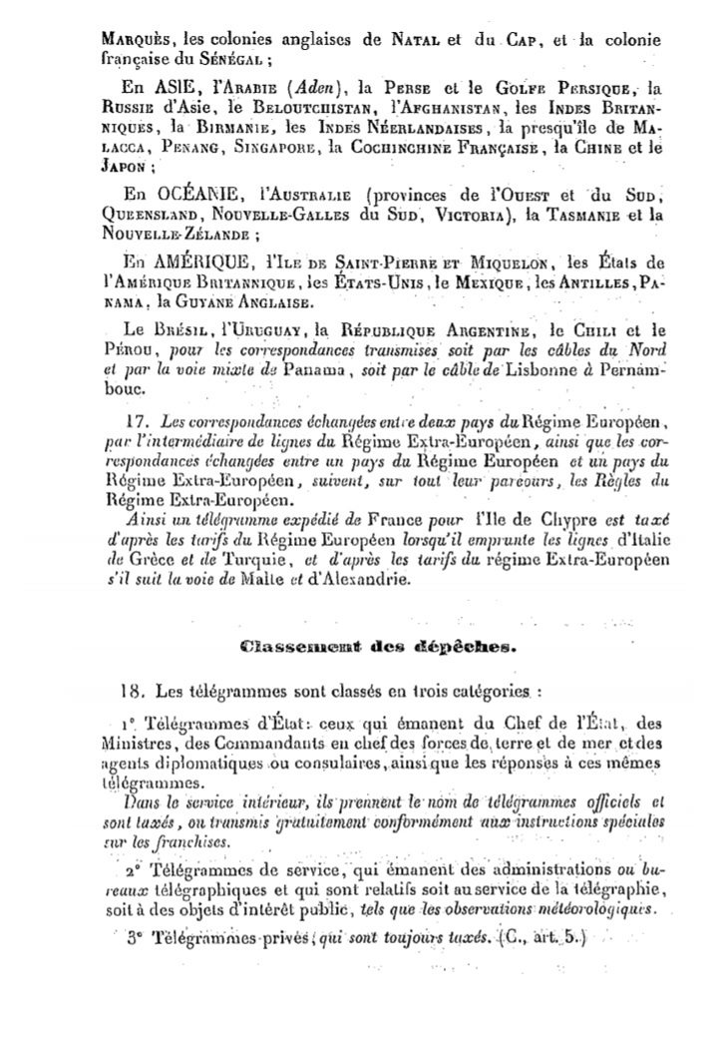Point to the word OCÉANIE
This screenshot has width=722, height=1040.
click(209, 192)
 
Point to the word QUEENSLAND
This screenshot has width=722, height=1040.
click(156, 216)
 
